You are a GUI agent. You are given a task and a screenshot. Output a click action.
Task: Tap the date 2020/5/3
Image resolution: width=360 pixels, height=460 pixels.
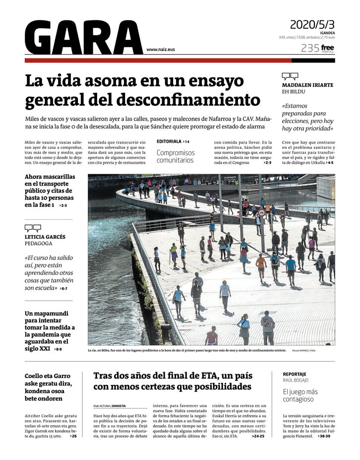(312, 24)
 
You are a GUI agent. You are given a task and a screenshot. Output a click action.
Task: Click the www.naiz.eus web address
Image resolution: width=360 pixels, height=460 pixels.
(161, 50)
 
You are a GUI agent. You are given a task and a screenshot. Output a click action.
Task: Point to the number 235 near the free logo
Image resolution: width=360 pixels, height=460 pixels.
(310, 48)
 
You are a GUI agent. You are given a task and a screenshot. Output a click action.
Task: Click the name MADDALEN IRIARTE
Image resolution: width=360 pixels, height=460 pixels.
(307, 85)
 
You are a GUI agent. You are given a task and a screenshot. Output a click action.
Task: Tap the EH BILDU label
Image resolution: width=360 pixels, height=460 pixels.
(294, 92)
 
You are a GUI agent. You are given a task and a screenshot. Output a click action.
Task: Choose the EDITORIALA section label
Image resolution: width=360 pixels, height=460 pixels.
(170, 141)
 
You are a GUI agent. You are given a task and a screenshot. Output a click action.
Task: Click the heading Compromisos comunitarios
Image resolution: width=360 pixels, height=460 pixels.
(176, 156)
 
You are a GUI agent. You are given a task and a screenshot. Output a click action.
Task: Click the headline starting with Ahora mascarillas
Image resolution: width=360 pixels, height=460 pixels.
(49, 191)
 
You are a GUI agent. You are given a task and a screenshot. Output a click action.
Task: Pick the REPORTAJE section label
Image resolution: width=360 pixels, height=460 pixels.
(295, 374)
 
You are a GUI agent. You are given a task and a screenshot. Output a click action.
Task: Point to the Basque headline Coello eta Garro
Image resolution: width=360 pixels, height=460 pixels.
(49, 387)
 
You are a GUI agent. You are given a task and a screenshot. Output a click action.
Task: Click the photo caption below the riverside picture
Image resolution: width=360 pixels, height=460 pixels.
(186, 350)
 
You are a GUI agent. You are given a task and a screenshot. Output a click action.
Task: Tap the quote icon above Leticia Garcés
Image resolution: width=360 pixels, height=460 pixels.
(33, 228)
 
